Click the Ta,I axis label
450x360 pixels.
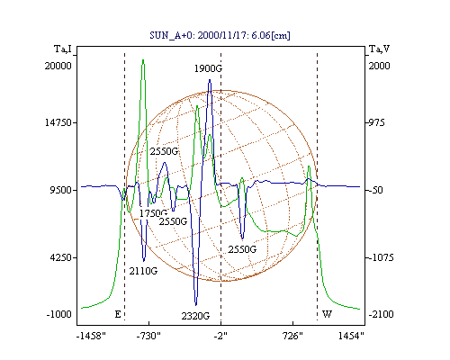click(x=63, y=49)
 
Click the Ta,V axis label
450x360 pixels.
click(x=380, y=49)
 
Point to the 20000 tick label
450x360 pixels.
click(x=58, y=66)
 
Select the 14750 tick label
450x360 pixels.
click(x=58, y=122)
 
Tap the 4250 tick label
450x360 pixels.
click(x=61, y=257)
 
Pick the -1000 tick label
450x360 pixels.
click(x=59, y=314)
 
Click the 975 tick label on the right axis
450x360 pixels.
click(x=376, y=122)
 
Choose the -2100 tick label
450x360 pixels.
click(x=382, y=314)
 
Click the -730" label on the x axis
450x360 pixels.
click(x=148, y=337)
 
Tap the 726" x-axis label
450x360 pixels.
click(x=292, y=337)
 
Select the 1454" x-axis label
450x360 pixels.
click(x=351, y=337)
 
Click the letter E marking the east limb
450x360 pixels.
click(x=118, y=314)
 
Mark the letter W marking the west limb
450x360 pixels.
click(x=327, y=314)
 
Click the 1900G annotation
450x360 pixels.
click(x=208, y=68)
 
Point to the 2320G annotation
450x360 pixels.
click(x=195, y=316)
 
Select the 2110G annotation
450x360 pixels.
click(x=143, y=271)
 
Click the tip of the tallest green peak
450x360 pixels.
click(x=143, y=60)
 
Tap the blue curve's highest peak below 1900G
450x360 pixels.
click(x=210, y=80)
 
